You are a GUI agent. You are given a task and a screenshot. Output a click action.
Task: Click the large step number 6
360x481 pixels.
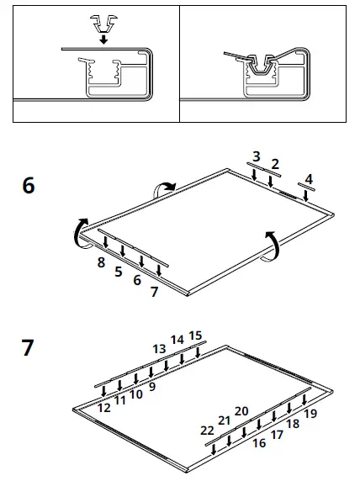point(29,185)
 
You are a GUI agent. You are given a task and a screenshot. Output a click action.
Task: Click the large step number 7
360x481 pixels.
point(29,346)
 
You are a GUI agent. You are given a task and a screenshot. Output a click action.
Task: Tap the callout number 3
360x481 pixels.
point(257,157)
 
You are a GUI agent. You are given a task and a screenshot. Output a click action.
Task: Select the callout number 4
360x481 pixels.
point(309,179)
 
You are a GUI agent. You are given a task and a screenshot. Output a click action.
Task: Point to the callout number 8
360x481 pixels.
point(101,263)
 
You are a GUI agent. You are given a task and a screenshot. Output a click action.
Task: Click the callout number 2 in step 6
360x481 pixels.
point(275,163)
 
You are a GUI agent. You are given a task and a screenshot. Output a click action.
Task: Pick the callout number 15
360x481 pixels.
point(195,336)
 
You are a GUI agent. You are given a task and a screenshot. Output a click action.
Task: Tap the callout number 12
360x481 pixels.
point(104,407)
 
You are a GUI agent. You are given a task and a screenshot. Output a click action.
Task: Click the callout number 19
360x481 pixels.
point(310,413)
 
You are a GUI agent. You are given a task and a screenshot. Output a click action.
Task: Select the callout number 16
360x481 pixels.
point(259,442)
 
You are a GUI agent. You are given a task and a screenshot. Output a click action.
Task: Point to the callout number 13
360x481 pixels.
point(159,348)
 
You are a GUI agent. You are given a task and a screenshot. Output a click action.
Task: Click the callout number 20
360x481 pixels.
point(241,410)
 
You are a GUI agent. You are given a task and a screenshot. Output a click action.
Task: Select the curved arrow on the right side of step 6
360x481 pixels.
point(270,245)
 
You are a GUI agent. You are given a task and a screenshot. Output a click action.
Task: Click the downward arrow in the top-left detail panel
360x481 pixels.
point(102,38)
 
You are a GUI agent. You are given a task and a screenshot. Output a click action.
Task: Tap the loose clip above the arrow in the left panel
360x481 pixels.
point(102,20)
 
